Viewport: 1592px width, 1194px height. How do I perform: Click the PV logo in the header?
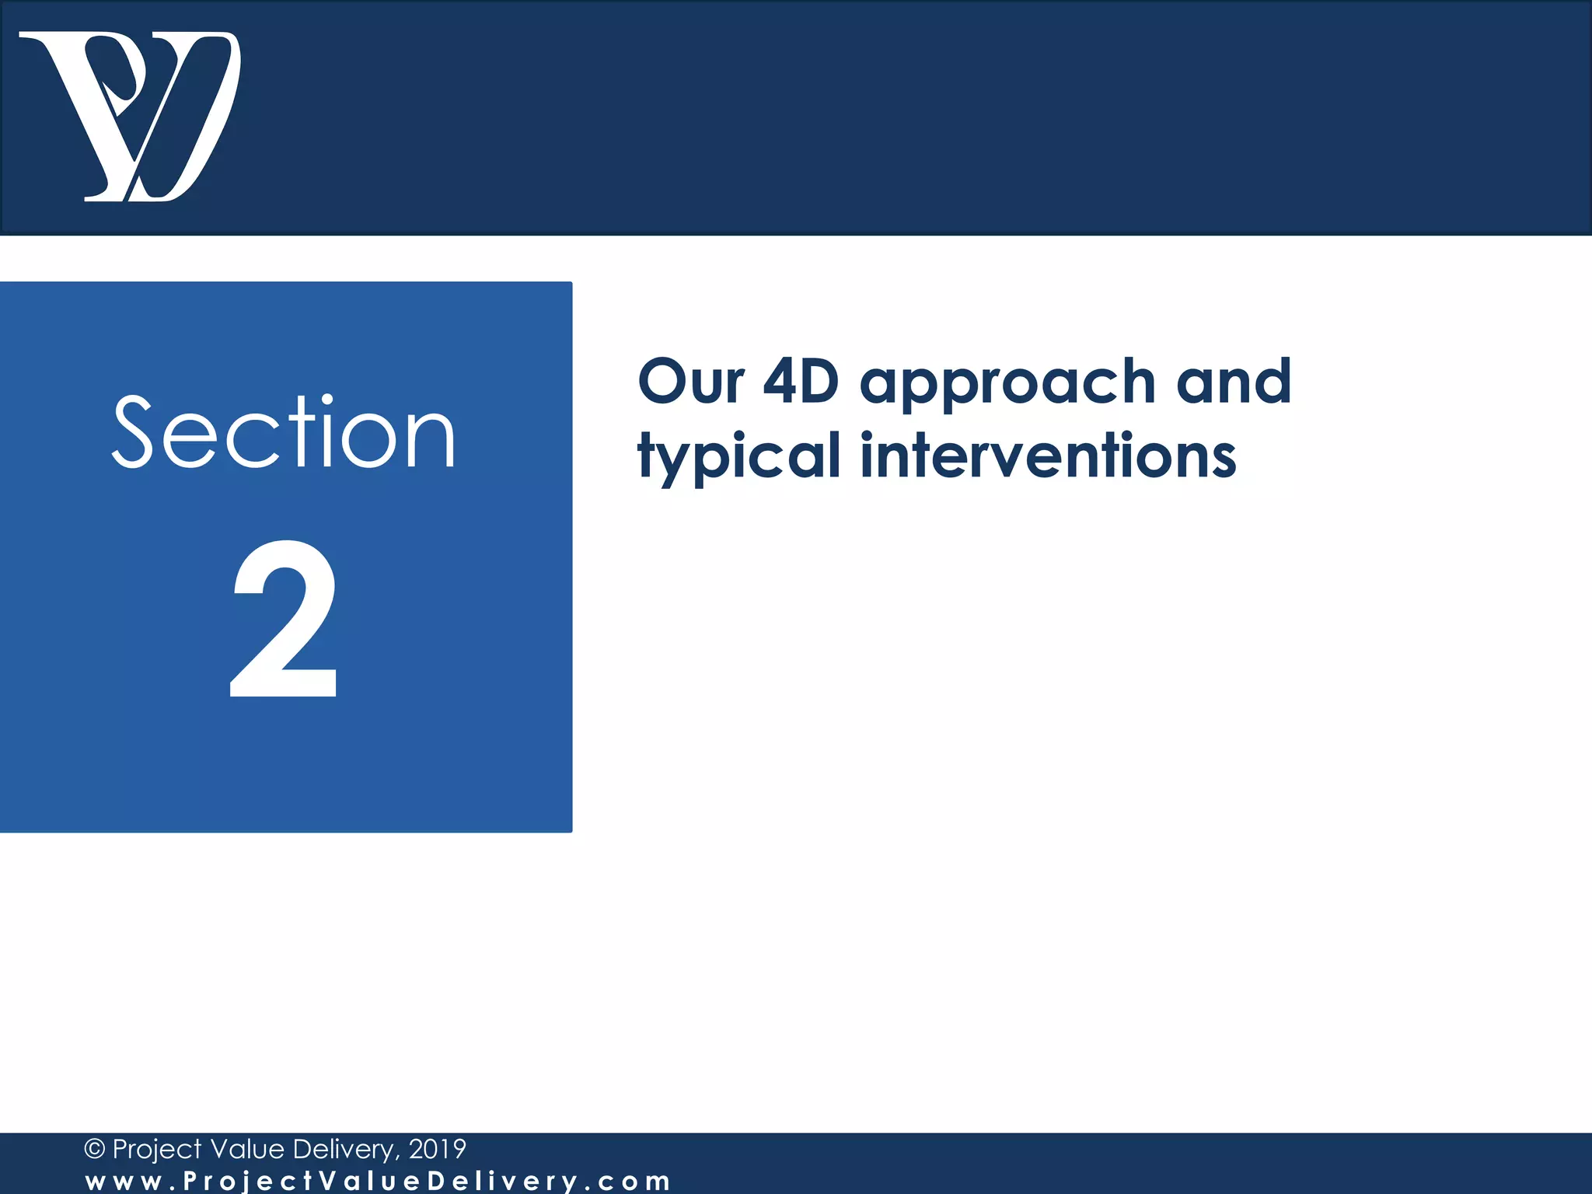131,117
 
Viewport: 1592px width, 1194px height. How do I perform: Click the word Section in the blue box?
284,433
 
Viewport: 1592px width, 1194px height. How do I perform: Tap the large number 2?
285,618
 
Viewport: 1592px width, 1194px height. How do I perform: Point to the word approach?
1008,382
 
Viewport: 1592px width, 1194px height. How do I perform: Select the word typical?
738,456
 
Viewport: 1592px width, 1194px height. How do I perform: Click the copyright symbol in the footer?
94,1149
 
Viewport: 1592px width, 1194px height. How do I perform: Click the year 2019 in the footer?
437,1149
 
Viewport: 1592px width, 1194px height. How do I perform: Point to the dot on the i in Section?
327,400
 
